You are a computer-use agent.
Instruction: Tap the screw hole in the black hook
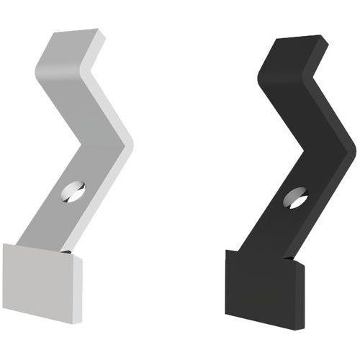click(295, 197)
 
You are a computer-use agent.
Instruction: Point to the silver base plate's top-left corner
click(4, 245)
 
